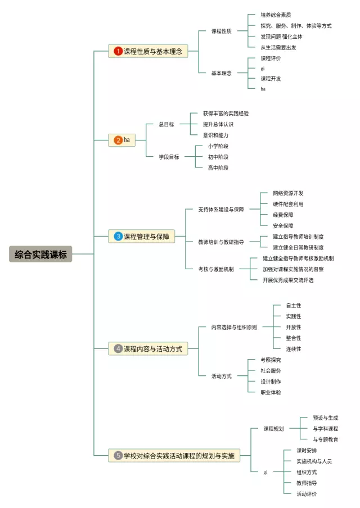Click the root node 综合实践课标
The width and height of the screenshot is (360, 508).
click(x=40, y=255)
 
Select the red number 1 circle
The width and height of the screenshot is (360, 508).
click(x=118, y=51)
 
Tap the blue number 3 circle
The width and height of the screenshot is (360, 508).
click(x=118, y=237)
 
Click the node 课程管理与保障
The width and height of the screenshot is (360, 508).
click(x=146, y=237)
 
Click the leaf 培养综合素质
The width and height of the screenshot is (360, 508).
click(x=276, y=15)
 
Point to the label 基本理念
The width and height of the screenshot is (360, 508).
click(x=221, y=73)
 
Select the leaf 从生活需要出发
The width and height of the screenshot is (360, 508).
click(x=278, y=48)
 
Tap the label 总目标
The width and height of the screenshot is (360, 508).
click(x=166, y=124)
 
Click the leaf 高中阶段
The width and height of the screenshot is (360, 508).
click(x=218, y=167)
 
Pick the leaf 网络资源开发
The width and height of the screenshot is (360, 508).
click(x=288, y=193)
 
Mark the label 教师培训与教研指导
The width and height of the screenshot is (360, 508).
click(x=221, y=242)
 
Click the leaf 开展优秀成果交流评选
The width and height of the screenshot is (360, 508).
click(x=288, y=280)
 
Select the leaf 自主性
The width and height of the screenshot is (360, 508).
click(x=293, y=306)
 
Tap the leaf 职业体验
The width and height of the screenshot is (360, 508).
click(x=271, y=392)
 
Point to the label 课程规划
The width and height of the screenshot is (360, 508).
click(x=274, y=429)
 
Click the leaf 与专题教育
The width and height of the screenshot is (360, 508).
click(x=325, y=439)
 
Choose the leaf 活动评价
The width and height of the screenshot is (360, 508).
click(x=307, y=494)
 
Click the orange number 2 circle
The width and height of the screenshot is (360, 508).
click(x=118, y=140)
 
